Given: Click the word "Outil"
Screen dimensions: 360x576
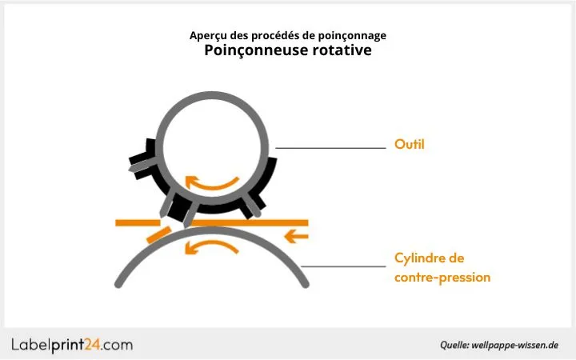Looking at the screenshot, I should pos(409,146).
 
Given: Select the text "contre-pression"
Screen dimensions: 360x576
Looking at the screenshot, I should pos(442,278).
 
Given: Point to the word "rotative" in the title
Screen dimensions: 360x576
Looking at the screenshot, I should pos(342,50).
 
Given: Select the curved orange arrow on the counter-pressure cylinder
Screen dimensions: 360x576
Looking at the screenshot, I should pos(211,247).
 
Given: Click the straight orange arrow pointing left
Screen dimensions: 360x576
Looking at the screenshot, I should pos(297,236).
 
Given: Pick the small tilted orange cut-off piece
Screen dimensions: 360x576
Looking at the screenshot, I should pos(158,235).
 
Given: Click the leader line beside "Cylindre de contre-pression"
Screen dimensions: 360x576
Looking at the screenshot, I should pos(344,266).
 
